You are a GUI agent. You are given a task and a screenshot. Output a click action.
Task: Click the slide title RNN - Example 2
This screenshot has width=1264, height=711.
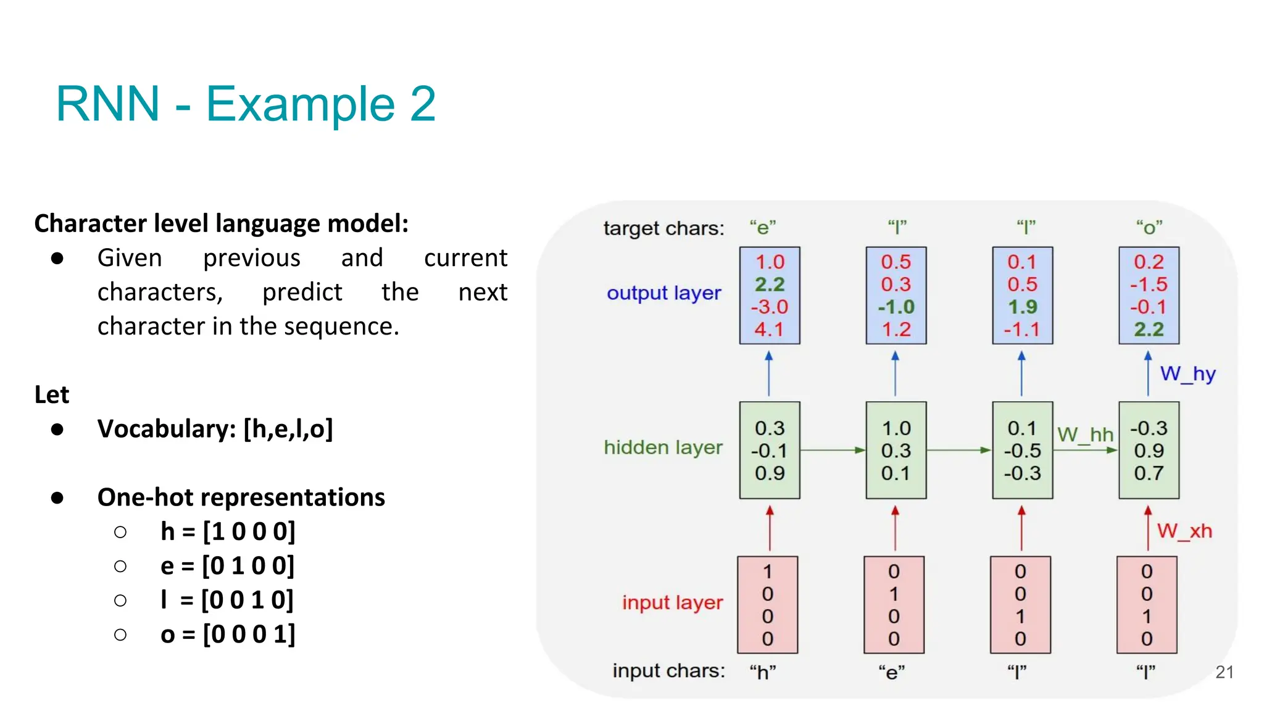[246, 104]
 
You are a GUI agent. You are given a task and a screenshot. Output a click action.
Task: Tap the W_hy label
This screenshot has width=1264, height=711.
[1187, 374]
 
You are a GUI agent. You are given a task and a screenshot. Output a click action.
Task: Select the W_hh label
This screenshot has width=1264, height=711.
[1085, 434]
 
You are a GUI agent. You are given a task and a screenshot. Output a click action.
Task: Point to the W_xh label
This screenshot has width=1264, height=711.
[1184, 531]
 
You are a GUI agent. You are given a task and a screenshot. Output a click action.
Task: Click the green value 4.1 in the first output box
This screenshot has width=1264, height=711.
[769, 330]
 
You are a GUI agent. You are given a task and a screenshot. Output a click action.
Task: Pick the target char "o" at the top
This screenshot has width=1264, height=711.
[1149, 228]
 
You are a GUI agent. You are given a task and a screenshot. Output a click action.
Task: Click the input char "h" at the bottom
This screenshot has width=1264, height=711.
[763, 671]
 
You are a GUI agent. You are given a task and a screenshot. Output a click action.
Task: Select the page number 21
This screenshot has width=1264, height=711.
[1224, 672]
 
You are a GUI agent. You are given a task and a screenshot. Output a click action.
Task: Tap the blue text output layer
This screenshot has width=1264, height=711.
[663, 293]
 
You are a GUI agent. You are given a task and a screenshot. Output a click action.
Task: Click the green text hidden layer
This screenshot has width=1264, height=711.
[663, 447]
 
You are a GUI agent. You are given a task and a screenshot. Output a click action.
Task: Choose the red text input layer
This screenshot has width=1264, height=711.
[672, 602]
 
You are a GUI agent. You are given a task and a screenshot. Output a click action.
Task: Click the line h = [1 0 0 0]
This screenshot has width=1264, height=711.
[228, 531]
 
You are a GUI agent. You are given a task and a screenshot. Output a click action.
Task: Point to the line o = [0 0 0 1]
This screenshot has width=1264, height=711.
[228, 634]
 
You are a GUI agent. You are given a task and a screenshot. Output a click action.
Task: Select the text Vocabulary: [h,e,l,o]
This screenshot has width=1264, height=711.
[215, 429]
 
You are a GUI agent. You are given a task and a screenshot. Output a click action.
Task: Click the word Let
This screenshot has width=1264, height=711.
[52, 395]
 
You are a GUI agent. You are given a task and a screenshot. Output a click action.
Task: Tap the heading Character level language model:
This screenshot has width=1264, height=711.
[221, 223]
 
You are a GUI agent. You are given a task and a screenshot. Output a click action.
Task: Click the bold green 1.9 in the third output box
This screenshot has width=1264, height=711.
[1022, 307]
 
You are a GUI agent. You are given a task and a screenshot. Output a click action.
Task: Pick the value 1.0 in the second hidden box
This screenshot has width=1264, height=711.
[896, 428]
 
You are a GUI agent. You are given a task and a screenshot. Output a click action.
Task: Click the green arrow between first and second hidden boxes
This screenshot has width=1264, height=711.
[833, 451]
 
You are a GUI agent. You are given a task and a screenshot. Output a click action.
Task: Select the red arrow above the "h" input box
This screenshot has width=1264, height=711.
[769, 528]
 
